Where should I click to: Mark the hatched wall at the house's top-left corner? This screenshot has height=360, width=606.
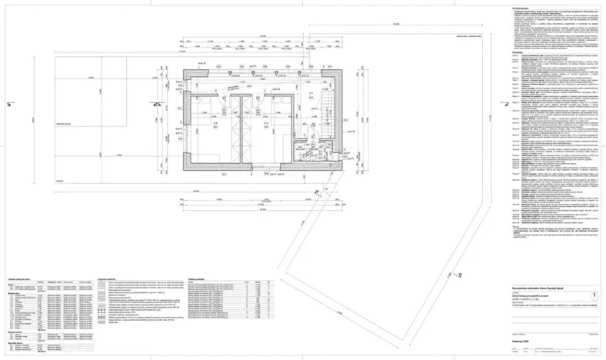pos(185,71)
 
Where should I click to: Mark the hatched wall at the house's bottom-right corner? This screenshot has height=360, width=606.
pos(338,172)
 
